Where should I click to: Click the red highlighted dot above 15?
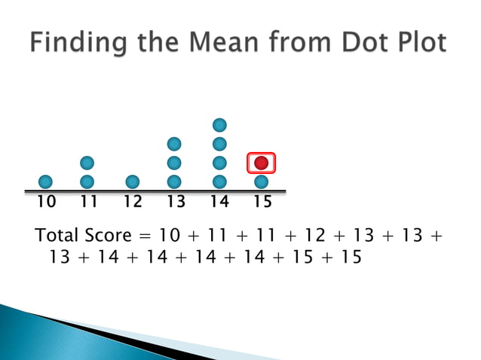(x=262, y=163)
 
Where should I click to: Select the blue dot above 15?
(x=262, y=182)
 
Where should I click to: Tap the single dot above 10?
(x=45, y=182)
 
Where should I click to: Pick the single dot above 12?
(x=132, y=182)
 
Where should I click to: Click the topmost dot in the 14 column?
(x=219, y=124)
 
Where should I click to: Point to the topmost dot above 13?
(x=174, y=143)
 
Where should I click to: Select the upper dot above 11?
(x=87, y=163)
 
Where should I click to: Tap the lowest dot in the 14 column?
(x=219, y=182)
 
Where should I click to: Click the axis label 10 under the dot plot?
(x=46, y=202)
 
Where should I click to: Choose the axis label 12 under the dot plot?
(x=133, y=202)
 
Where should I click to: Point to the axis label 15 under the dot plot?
(x=262, y=202)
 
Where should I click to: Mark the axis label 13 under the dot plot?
(x=175, y=202)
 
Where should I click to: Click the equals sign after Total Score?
(x=148, y=235)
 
